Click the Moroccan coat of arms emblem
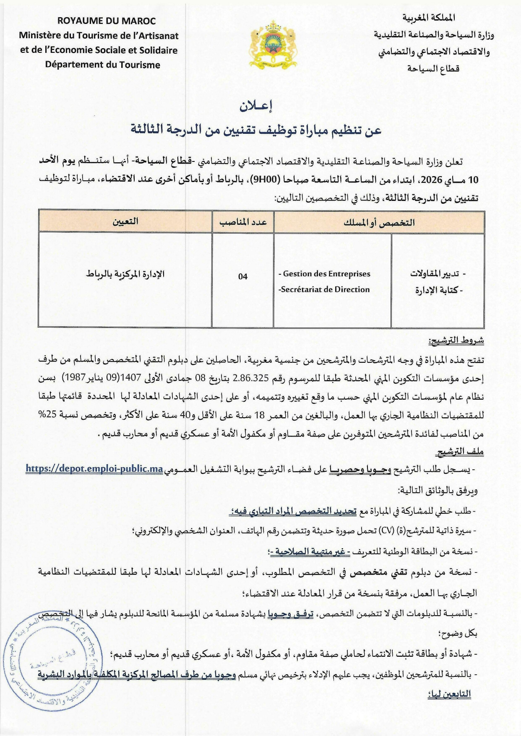(272, 44)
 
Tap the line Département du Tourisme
(103, 65)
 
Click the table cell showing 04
(243, 276)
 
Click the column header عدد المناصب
(243, 222)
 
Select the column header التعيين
(125, 221)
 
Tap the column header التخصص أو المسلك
(379, 222)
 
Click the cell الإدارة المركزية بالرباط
(125, 274)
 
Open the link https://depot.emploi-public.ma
(94, 469)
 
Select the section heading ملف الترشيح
(460, 452)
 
